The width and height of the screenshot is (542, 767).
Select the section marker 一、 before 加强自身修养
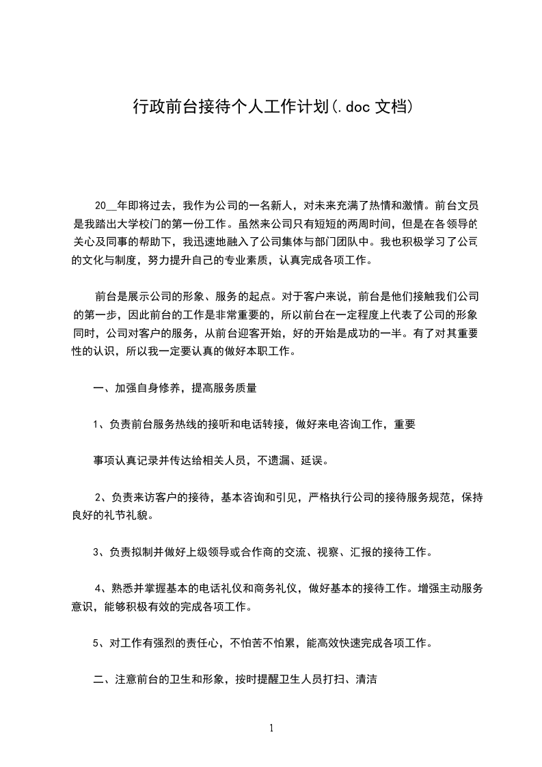[103, 388]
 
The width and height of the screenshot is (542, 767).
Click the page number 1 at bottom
[271, 728]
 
